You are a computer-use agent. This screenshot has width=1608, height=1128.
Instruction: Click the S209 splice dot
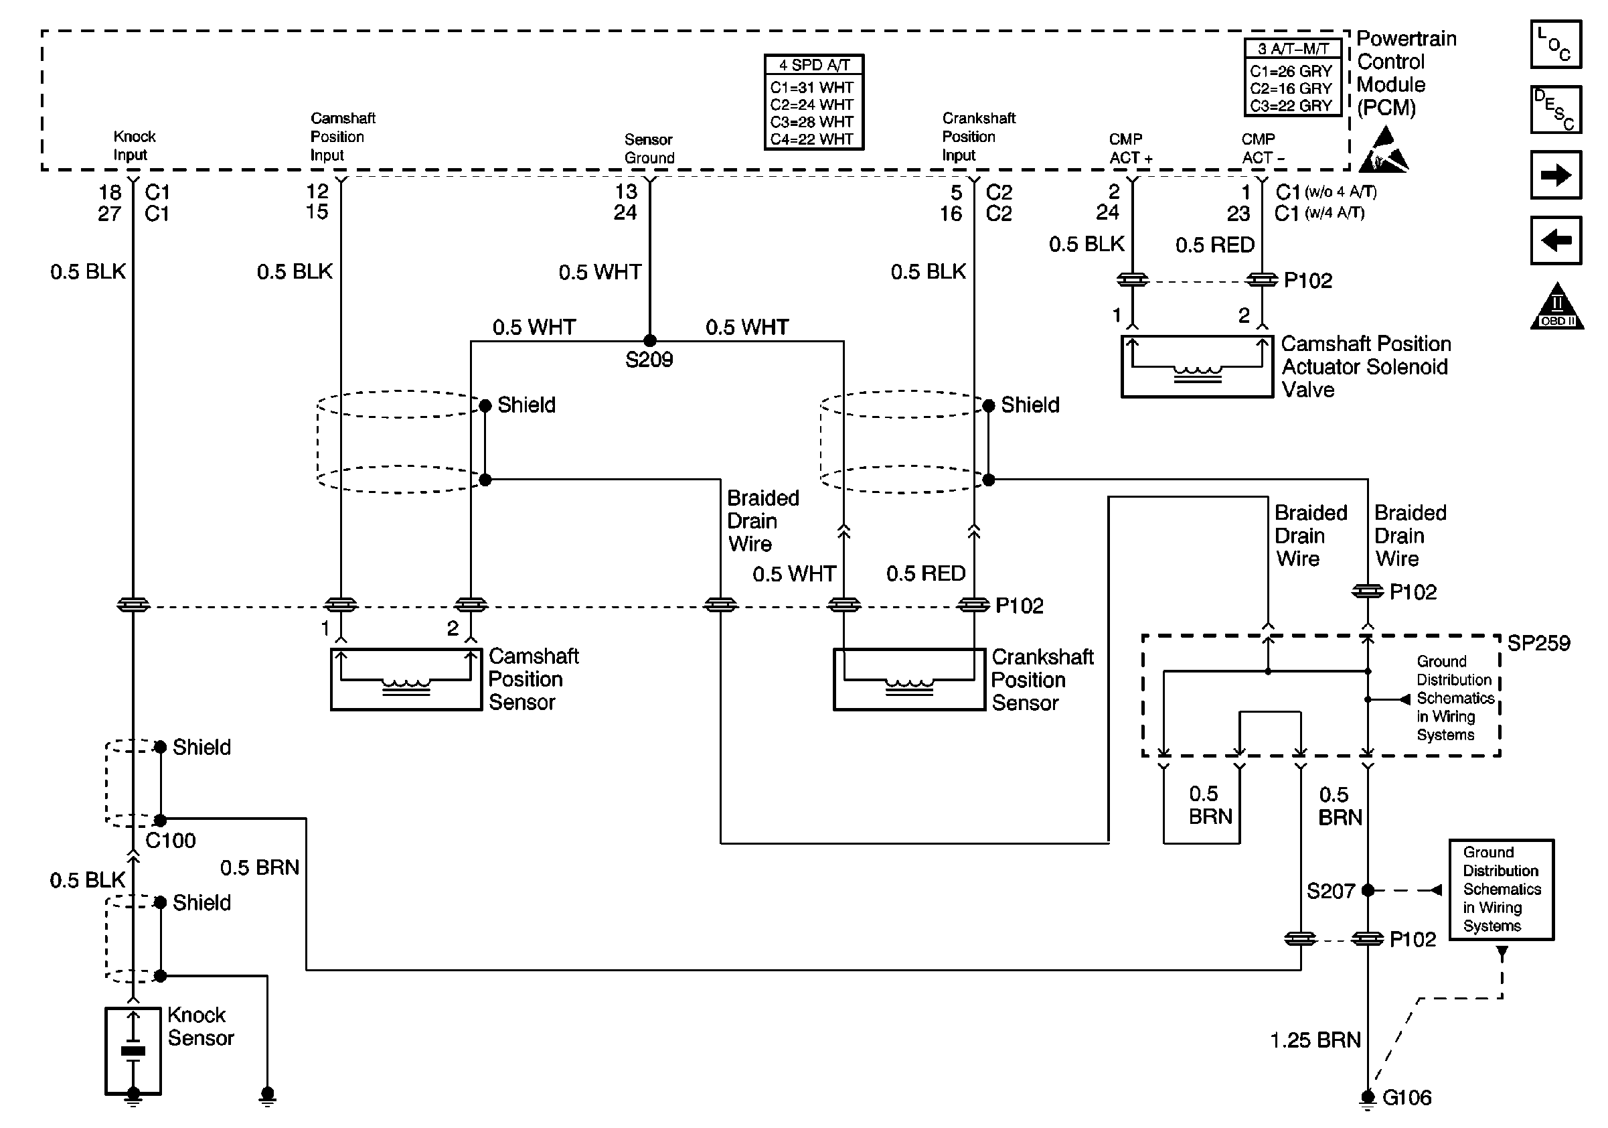tap(649, 340)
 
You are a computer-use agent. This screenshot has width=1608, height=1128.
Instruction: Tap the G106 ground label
tap(1406, 1097)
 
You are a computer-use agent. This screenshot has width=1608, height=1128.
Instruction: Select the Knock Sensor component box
tap(133, 1050)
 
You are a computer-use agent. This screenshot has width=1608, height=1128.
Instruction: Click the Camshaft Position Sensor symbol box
tap(406, 679)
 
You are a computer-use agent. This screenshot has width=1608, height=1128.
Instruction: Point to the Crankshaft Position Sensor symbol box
tap(909, 679)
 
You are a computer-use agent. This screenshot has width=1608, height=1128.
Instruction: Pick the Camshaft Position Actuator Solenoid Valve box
tap(1197, 366)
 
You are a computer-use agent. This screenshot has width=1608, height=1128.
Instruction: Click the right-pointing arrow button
tap(1556, 174)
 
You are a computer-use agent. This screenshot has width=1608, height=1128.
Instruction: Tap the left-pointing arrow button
tap(1556, 240)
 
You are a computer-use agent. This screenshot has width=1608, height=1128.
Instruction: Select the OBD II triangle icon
tap(1556, 306)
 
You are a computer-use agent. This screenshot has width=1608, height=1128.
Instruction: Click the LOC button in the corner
tap(1556, 44)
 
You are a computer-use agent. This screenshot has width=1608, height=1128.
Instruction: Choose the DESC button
tap(1556, 109)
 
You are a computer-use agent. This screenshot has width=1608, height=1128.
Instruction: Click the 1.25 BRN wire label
tap(1315, 1040)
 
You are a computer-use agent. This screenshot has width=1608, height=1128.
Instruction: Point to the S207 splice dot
tap(1367, 890)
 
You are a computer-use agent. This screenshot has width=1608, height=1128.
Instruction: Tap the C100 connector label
tap(170, 840)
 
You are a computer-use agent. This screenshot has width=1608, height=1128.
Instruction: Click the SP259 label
tap(1538, 643)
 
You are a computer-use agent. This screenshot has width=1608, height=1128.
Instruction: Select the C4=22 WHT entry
tap(812, 139)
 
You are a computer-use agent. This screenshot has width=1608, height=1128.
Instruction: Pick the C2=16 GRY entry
tap(1291, 88)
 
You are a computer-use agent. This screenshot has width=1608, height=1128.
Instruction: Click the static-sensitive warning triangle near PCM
tap(1383, 151)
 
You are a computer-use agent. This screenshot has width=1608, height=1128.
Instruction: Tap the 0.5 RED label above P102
tap(1214, 244)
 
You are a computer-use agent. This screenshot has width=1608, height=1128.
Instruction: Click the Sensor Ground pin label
tap(649, 149)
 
